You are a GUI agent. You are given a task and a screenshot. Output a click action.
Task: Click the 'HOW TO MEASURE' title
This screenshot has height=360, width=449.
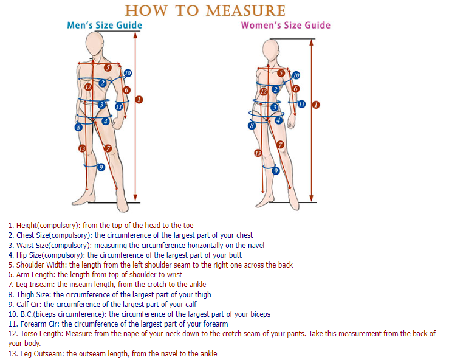[x=205, y=10]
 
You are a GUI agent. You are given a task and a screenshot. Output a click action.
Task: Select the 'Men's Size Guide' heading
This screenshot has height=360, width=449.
[x=104, y=26]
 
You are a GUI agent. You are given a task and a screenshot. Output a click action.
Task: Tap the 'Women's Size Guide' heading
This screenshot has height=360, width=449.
[x=286, y=26]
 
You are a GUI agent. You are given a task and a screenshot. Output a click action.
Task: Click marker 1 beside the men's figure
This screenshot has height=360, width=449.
[x=139, y=99]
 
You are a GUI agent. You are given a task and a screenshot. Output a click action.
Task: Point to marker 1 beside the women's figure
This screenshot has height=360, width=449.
[x=315, y=105]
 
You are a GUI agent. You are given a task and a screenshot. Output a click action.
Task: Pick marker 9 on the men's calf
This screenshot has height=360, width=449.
[x=101, y=167]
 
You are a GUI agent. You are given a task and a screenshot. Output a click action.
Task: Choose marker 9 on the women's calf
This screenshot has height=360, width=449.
[x=275, y=171]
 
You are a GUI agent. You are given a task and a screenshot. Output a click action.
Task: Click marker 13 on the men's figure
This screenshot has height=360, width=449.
[x=81, y=148]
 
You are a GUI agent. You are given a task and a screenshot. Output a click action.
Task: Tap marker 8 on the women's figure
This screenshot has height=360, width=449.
[x=252, y=125]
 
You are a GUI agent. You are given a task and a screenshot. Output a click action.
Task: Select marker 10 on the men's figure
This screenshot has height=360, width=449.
[x=127, y=73]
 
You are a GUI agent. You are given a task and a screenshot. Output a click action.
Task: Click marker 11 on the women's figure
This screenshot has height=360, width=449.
[x=301, y=104]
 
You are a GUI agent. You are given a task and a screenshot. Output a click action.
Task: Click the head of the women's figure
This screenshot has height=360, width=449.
[x=270, y=48]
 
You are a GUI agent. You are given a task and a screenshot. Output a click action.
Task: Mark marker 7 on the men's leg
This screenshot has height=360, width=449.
[x=108, y=148]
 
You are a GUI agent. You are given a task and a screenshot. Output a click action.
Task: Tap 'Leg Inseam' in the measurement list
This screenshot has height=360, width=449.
[x=36, y=285]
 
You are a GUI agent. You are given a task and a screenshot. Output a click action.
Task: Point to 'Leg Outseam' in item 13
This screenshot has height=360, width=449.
[x=38, y=353]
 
